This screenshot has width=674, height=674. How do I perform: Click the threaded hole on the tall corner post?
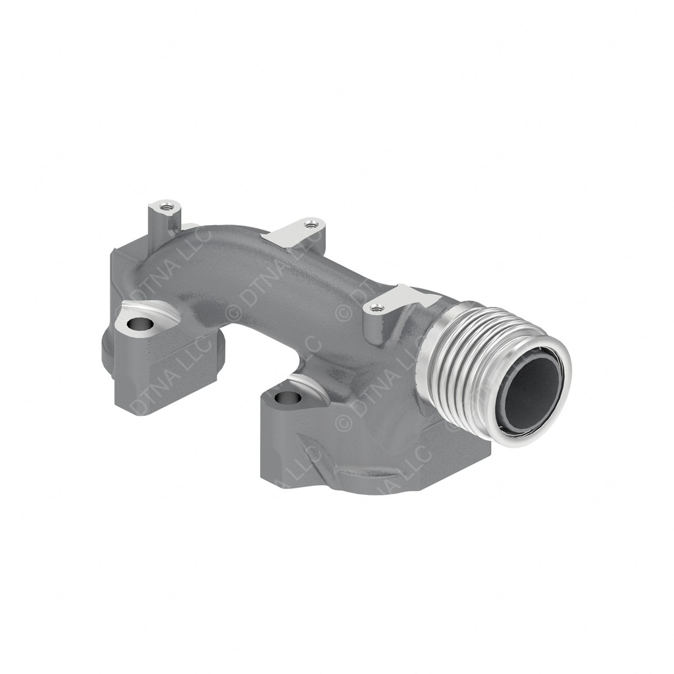tap(166, 204)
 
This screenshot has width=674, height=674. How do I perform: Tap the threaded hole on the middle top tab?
tap(312, 225)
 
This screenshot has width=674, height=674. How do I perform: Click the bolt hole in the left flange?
tap(138, 324)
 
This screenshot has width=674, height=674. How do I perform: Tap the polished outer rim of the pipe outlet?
tap(559, 402)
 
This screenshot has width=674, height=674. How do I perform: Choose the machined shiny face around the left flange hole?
tap(158, 311)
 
